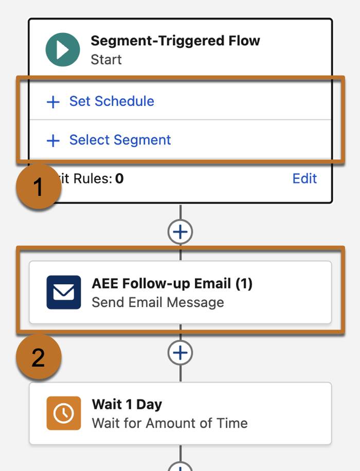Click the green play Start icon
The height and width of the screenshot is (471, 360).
[63, 50]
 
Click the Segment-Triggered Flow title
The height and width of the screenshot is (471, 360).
[175, 41]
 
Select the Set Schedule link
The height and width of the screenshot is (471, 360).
[112, 101]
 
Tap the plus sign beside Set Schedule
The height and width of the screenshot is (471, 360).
[53, 102]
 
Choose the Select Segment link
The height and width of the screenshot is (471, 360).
[120, 140]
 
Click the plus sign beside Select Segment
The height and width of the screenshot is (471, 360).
[53, 140]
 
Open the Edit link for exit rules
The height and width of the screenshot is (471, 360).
[304, 178]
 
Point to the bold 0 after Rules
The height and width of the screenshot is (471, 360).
[119, 178]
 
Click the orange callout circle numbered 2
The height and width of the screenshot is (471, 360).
[39, 357]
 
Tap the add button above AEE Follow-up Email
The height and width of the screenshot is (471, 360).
[180, 232]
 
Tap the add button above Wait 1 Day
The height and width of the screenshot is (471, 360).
[180, 353]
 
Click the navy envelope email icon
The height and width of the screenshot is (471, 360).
[63, 292]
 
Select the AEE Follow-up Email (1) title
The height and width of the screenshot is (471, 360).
[172, 283]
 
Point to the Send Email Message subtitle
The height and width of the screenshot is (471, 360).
[157, 302]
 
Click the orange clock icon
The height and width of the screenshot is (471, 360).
[63, 413]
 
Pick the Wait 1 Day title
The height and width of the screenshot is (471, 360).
[127, 404]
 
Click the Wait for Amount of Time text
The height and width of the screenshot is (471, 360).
[169, 423]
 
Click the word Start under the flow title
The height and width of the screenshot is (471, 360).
[106, 60]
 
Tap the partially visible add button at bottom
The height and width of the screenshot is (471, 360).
[180, 467]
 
